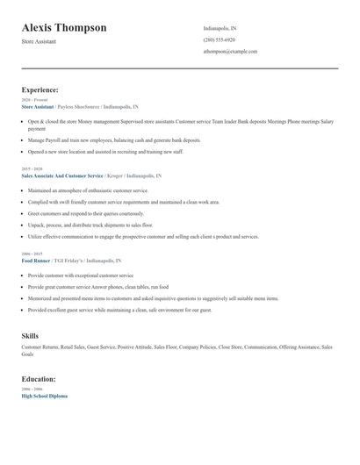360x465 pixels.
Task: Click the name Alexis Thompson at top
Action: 64,28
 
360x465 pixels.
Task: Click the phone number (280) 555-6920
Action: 219,39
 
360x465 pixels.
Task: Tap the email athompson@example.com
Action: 230,51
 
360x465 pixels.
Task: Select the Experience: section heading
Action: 40,89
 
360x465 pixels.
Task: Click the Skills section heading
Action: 30,336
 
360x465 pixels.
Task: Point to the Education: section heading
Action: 39,379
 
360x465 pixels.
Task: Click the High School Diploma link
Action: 44,396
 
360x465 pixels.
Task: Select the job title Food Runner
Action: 36,261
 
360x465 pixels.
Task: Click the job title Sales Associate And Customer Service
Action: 62,175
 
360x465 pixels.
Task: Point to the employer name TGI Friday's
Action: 68,261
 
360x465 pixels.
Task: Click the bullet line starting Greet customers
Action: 85,213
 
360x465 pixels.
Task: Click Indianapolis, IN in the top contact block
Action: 220,28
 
